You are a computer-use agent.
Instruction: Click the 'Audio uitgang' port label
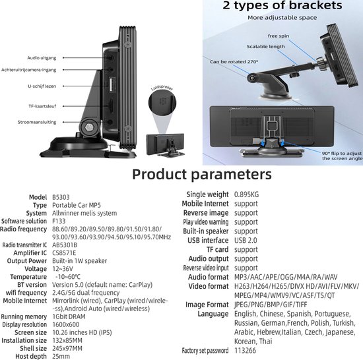pos(42,58)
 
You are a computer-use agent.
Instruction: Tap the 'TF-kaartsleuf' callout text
pos(42,106)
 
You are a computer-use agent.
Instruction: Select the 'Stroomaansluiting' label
pos(37,122)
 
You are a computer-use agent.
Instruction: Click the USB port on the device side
pos(112,84)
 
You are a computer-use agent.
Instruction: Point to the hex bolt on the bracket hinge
pos(89,127)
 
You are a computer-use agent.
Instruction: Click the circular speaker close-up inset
pos(162,102)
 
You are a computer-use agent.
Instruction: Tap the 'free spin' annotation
pos(279,36)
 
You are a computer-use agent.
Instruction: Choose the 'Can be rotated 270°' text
pos(234,62)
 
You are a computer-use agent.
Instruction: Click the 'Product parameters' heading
pos(202,174)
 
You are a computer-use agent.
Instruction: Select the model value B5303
pos(61,197)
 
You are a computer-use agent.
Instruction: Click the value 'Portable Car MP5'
pos(77,205)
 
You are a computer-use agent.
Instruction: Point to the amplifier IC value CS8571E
pos(64,253)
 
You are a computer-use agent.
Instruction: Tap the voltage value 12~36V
pos(63,269)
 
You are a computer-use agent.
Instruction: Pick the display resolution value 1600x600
pos(66,324)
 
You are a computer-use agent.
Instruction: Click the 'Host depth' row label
pos(31,357)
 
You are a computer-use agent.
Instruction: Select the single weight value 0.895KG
pos(246,195)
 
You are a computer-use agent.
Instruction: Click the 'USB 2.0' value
pos(246,241)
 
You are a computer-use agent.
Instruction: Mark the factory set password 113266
pos(245,351)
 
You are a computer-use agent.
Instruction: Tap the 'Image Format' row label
pos(207,305)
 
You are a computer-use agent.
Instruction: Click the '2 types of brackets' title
pos(282,5)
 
